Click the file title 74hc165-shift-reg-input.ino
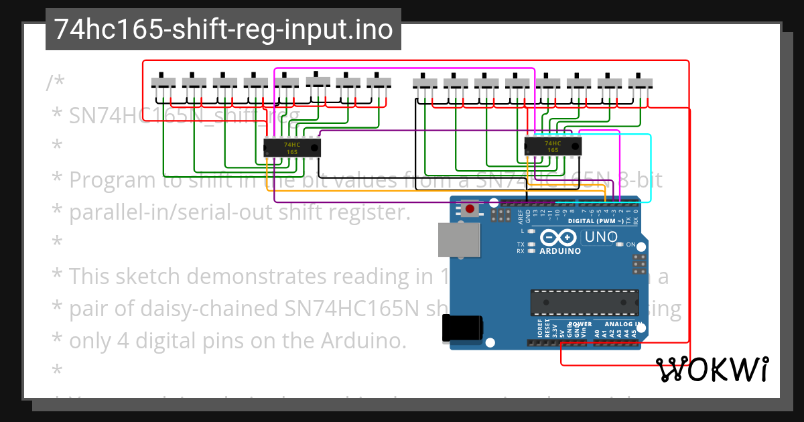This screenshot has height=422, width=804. click(x=223, y=29)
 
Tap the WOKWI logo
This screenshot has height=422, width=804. click(x=712, y=369)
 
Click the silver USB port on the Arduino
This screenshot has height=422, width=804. click(x=459, y=240)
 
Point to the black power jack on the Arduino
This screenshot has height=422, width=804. click(x=462, y=328)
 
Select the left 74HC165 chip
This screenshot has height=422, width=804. click(x=292, y=147)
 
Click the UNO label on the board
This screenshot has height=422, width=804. click(x=601, y=236)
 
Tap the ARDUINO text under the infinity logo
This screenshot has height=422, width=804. click(x=559, y=251)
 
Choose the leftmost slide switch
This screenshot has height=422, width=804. click(x=163, y=82)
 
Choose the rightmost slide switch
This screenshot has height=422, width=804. click(x=641, y=82)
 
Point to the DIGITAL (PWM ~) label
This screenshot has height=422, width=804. click(x=596, y=221)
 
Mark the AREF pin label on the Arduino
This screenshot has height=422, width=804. click(x=520, y=216)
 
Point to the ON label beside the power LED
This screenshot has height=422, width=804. click(x=630, y=245)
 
